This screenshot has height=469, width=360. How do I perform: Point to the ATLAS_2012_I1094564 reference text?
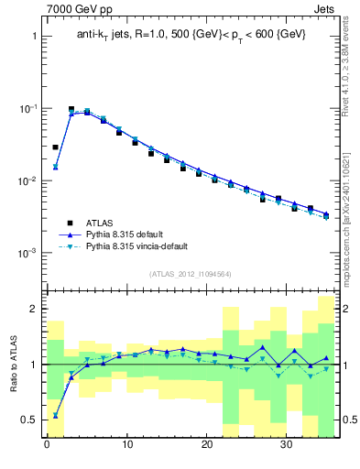[x=191, y=273]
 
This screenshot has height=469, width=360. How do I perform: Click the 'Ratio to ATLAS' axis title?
[x=13, y=364]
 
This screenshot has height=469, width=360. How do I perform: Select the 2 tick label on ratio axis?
[x=33, y=309]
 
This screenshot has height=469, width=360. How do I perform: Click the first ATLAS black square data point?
[x=55, y=147]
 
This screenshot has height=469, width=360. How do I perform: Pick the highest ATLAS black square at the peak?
[x=71, y=109]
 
